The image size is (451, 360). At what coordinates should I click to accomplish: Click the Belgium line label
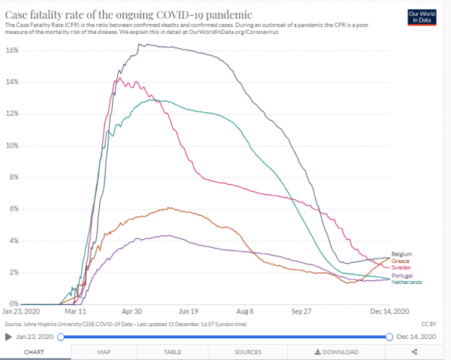pos(402,255)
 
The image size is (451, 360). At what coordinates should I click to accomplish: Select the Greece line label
pos(401,261)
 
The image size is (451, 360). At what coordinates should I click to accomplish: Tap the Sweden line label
pos(401,268)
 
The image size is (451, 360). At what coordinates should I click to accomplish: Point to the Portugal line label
pos(403,276)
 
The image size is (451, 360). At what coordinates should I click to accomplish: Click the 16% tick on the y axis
pos(12,50)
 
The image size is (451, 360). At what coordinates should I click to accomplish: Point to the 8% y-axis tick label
pos(14,177)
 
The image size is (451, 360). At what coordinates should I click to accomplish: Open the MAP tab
pos(104,351)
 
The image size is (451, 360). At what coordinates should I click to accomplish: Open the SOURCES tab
pos(247,351)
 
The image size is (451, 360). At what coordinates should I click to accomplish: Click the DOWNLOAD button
pos(336,351)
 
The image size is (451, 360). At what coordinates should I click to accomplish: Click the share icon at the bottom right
pos(414,351)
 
